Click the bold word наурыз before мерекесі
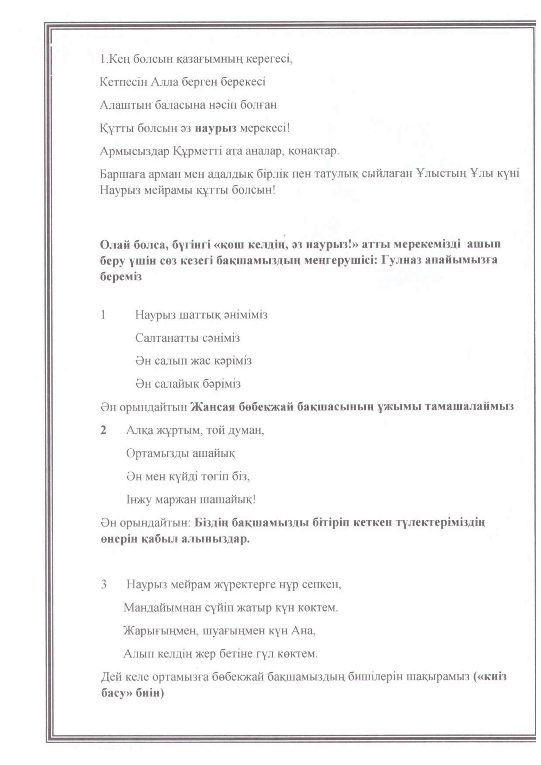click(x=216, y=128)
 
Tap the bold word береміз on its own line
click(x=121, y=276)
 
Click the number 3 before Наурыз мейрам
click(x=104, y=585)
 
